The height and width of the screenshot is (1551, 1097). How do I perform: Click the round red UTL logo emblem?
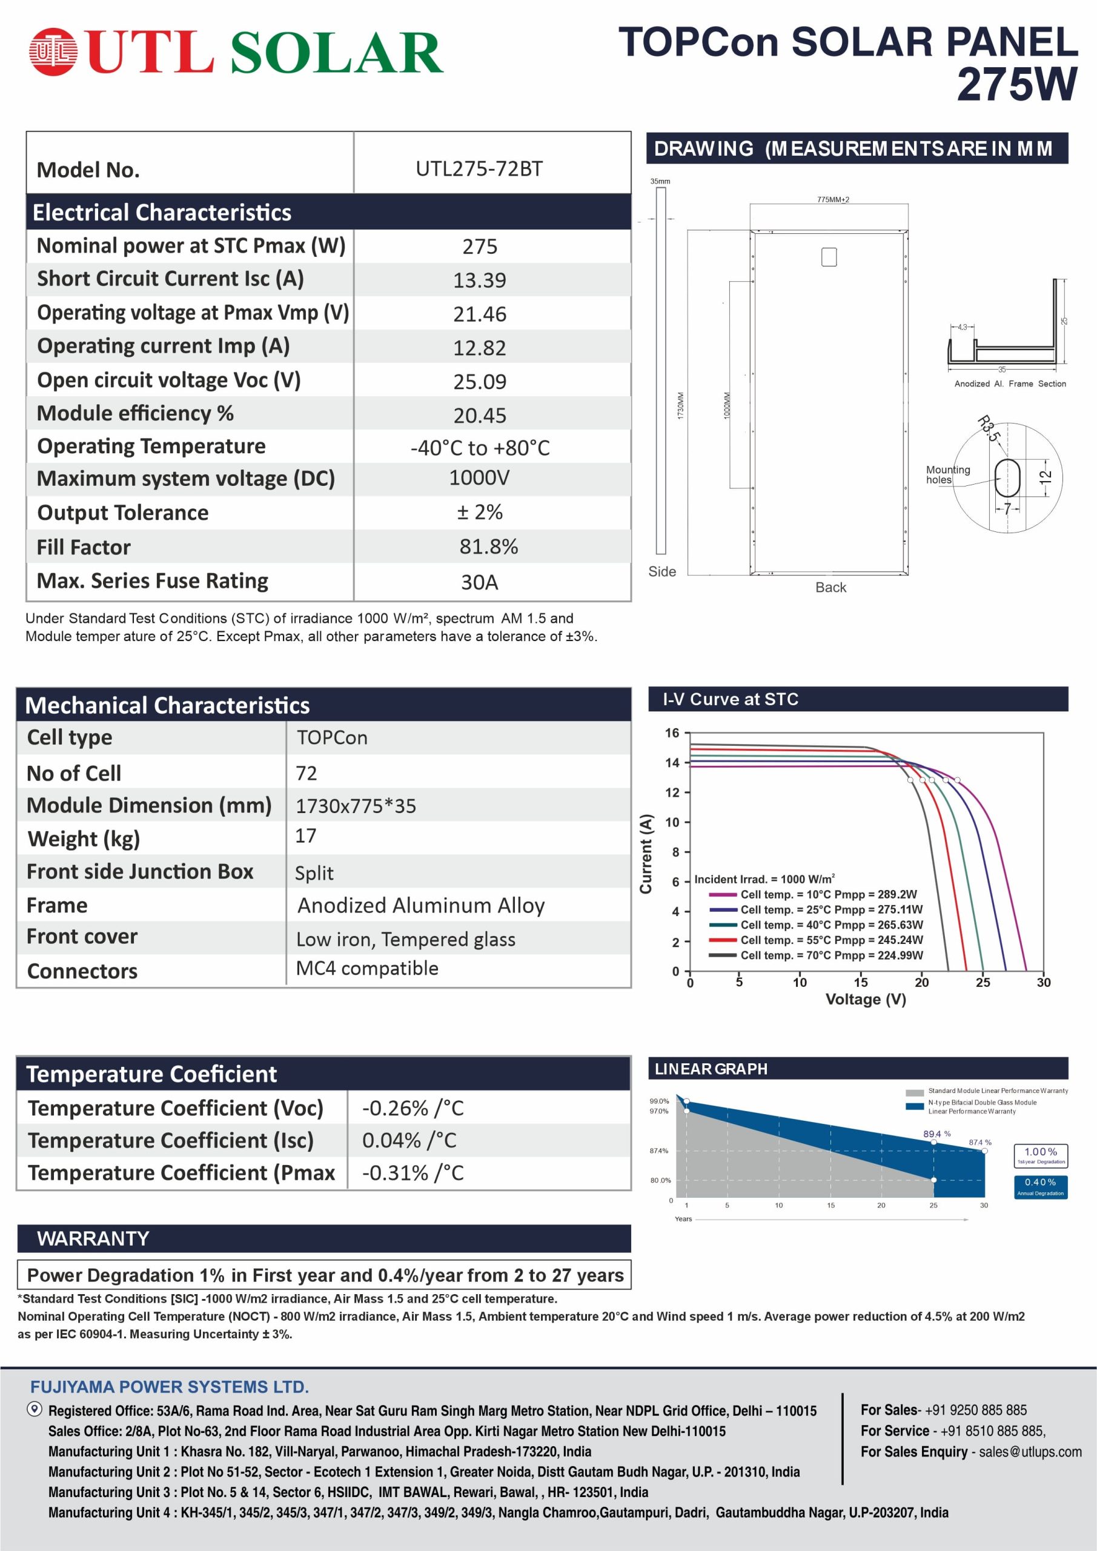click(53, 51)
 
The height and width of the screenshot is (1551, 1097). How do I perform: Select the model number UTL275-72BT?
click(479, 169)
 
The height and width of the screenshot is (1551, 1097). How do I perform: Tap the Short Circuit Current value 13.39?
click(479, 280)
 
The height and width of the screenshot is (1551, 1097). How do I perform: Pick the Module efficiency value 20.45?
click(479, 415)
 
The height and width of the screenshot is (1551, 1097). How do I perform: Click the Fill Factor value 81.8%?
click(488, 546)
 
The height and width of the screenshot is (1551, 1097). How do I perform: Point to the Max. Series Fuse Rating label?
click(152, 581)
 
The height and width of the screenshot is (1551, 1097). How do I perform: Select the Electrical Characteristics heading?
click(162, 213)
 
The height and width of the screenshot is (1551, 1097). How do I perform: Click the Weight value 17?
click(305, 835)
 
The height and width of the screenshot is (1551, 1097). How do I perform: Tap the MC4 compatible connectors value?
click(367, 968)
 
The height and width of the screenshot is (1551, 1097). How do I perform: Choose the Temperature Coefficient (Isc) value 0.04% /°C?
click(409, 1140)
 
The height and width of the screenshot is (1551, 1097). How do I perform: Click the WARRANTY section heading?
click(93, 1238)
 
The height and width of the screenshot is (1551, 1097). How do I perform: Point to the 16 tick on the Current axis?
click(672, 733)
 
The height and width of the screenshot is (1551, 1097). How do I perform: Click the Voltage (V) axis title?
click(866, 999)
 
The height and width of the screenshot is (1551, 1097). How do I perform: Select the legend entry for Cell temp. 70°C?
click(831, 955)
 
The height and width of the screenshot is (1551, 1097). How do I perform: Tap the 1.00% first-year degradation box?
click(1040, 1155)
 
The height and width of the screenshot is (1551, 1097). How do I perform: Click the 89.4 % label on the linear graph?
click(937, 1134)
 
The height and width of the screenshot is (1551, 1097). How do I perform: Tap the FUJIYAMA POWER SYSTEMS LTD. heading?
click(170, 1387)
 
